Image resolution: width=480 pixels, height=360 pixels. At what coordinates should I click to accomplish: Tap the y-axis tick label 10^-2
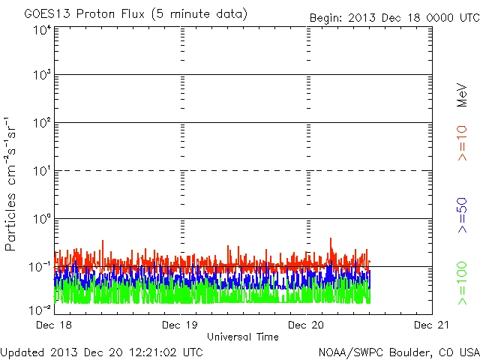[40, 308]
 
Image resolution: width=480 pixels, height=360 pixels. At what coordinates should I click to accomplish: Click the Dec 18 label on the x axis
[54, 325]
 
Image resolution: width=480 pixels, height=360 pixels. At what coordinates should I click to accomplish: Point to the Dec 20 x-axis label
[306, 325]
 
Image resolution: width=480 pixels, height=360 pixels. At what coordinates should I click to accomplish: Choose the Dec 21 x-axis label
[432, 325]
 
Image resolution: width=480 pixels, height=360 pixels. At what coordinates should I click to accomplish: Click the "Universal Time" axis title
[243, 337]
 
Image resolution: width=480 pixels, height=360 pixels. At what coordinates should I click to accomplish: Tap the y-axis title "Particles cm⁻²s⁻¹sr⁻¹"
[12, 184]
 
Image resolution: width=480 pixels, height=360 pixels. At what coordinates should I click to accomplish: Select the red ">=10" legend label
[462, 142]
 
